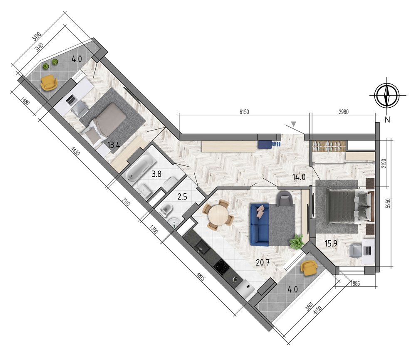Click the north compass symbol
point(387,95)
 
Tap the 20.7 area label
point(262,262)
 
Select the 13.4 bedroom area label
point(114,145)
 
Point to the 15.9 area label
point(331,243)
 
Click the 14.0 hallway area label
point(299,177)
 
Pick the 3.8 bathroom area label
point(156,174)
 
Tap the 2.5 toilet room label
point(182,197)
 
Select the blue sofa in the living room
point(260,224)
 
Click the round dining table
point(218,215)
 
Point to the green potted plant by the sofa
point(297,242)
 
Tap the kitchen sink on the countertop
point(201,247)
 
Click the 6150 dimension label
point(244,112)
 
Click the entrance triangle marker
point(293,124)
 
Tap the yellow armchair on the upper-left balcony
point(49,82)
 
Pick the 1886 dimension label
point(355,284)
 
